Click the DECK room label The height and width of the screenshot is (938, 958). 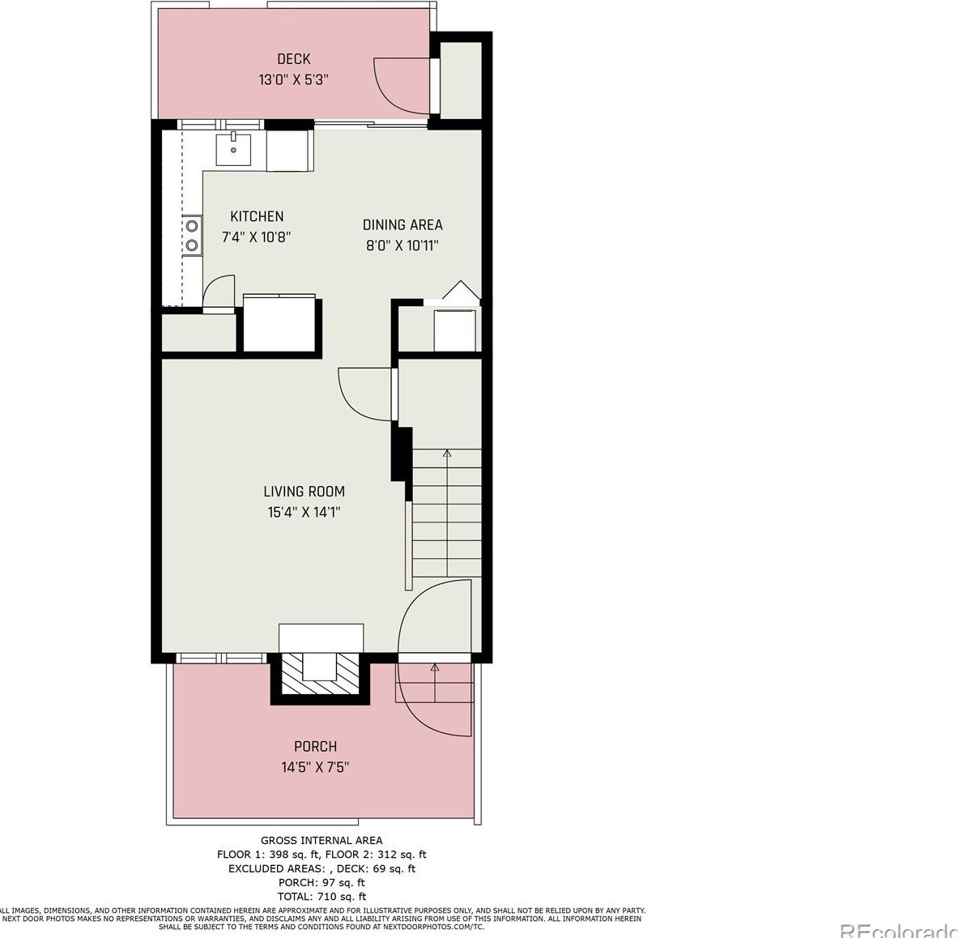[293, 59]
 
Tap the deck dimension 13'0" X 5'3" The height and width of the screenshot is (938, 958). [293, 80]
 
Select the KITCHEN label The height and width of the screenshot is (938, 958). [257, 216]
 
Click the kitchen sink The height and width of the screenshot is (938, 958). [233, 149]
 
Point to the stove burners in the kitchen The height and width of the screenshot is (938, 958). [193, 236]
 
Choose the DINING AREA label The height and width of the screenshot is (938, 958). [402, 225]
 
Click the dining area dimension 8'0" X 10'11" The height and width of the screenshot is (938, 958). [402, 245]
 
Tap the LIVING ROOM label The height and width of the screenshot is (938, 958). [304, 491]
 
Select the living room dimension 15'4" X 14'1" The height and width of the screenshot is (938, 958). [304, 512]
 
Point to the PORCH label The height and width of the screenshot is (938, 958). [315, 746]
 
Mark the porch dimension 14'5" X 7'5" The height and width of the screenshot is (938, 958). [315, 767]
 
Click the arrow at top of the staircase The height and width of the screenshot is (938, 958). [447, 454]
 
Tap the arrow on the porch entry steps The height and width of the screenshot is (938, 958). [435, 668]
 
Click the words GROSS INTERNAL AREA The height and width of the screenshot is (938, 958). [321, 841]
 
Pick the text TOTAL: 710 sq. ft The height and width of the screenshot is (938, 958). [321, 896]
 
